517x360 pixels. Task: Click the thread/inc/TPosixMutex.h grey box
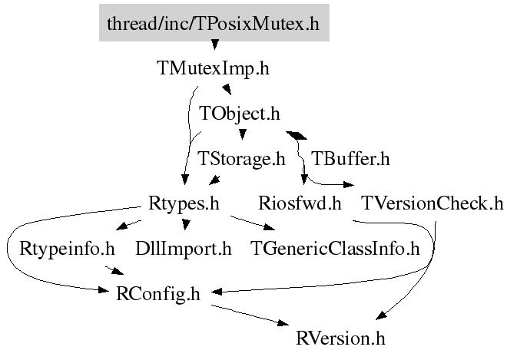click(x=214, y=23)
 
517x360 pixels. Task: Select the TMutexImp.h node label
click(x=213, y=68)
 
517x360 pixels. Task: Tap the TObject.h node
click(x=240, y=114)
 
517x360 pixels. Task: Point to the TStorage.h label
click(x=241, y=160)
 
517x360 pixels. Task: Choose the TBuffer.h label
click(x=350, y=160)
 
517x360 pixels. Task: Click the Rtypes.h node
click(x=183, y=204)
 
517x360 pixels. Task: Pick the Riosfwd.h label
click(x=300, y=204)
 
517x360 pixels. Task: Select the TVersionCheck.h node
click(x=432, y=204)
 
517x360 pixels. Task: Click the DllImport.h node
click(x=183, y=249)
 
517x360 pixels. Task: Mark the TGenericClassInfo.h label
click(x=336, y=249)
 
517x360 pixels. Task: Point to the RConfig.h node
click(x=157, y=293)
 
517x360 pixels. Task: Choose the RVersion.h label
click(x=340, y=338)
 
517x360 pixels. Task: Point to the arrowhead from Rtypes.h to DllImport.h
click(x=184, y=225)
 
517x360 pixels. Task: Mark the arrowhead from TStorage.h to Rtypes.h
click(x=215, y=181)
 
